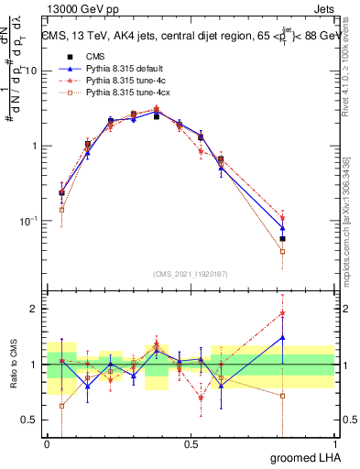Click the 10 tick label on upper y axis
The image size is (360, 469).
[31, 71]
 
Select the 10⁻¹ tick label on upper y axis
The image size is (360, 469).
[29, 221]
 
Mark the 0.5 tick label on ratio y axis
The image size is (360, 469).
[31, 420]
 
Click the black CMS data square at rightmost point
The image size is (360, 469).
[283, 239]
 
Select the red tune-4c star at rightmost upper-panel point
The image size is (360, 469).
[283, 217]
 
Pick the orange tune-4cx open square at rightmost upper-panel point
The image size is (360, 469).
[283, 251]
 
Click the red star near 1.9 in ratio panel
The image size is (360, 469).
[283, 313]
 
